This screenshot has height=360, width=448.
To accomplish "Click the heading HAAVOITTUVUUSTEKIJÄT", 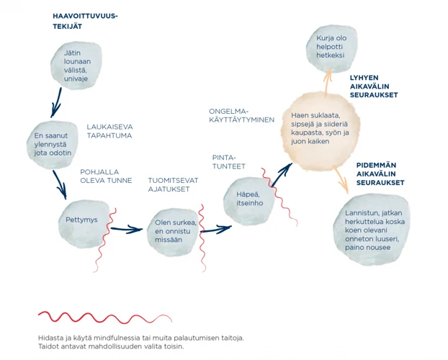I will point(85,21).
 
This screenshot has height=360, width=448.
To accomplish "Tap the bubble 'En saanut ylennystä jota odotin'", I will point(55,144).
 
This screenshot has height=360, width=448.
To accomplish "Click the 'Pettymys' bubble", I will point(81,220).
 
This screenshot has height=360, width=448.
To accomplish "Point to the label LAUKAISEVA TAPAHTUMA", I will point(109,131).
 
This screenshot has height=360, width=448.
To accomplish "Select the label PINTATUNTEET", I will point(229,162).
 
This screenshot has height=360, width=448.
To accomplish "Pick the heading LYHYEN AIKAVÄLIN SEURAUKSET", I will point(373,86).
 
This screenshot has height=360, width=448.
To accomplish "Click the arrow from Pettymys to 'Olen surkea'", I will point(126,230).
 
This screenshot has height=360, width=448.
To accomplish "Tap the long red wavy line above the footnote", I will point(104,318).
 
